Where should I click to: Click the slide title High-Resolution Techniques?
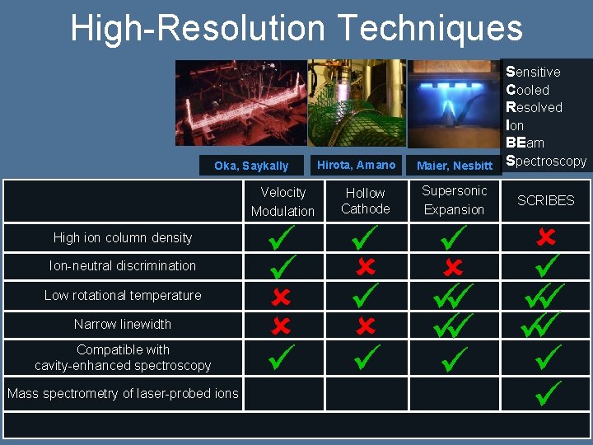click(x=296, y=28)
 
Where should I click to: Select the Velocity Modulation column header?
click(x=282, y=201)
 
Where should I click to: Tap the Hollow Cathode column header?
click(x=366, y=200)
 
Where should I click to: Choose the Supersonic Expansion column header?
click(x=455, y=200)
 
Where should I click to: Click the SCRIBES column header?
click(x=545, y=200)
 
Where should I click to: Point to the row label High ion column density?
click(x=123, y=237)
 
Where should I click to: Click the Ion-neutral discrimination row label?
click(x=123, y=265)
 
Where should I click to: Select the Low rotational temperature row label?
click(x=123, y=295)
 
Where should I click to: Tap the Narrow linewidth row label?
click(x=123, y=324)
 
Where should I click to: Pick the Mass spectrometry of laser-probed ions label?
click(x=123, y=393)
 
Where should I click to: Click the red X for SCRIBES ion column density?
click(x=545, y=237)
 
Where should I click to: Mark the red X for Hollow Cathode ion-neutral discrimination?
click(x=366, y=266)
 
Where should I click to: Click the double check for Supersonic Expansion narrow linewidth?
click(x=454, y=326)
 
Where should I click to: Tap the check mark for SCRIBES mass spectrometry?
click(x=547, y=392)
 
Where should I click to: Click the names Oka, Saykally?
click(x=251, y=166)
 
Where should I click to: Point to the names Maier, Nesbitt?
click(x=455, y=166)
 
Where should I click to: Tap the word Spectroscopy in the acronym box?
click(x=546, y=161)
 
